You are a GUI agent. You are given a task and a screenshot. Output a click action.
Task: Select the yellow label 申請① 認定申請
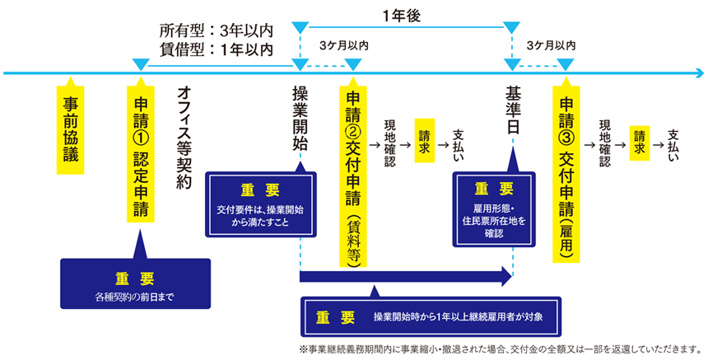(140, 152)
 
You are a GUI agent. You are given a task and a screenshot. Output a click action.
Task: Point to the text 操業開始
(300, 115)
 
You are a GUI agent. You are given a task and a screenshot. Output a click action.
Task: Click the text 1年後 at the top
(403, 14)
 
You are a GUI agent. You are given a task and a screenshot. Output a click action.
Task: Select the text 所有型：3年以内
(216, 31)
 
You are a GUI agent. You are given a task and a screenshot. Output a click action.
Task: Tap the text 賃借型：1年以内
(216, 49)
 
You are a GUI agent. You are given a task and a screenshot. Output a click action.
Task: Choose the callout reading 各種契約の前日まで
(136, 284)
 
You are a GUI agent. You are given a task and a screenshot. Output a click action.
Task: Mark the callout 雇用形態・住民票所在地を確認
(494, 211)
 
